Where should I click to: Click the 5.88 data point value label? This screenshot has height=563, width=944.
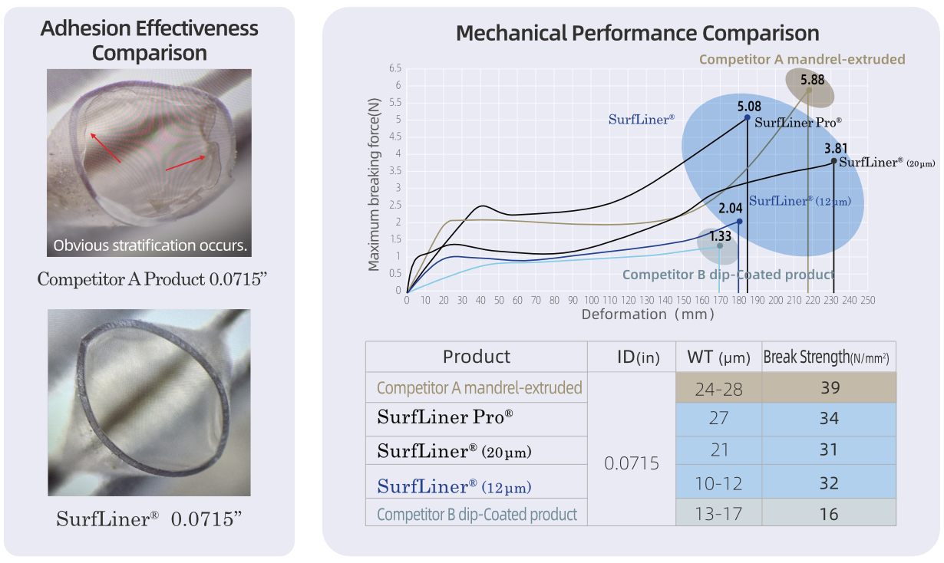tap(812, 79)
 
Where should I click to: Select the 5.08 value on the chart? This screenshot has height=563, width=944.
tap(749, 107)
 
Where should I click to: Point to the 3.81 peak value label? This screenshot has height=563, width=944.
tap(837, 149)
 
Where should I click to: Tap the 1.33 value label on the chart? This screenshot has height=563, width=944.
tap(721, 235)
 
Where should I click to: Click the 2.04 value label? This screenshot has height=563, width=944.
tap(731, 208)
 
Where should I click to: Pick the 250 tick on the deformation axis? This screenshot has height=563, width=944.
tap(867, 300)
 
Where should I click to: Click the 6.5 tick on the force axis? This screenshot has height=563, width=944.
tap(395, 68)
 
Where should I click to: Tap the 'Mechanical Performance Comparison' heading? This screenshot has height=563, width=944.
tap(637, 34)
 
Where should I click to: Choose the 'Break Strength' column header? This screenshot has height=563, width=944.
tap(828, 357)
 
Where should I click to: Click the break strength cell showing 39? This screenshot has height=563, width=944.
tap(829, 388)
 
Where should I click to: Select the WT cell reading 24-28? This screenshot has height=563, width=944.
tap(719, 388)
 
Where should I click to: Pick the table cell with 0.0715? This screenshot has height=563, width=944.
tap(631, 463)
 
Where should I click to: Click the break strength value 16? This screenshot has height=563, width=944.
tap(829, 514)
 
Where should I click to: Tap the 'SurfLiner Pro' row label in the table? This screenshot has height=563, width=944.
tap(445, 418)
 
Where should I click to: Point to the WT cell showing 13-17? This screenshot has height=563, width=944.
tap(719, 514)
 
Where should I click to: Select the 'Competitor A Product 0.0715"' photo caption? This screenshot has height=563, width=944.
tap(150, 279)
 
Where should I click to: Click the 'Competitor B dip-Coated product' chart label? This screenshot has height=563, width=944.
tap(728, 275)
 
